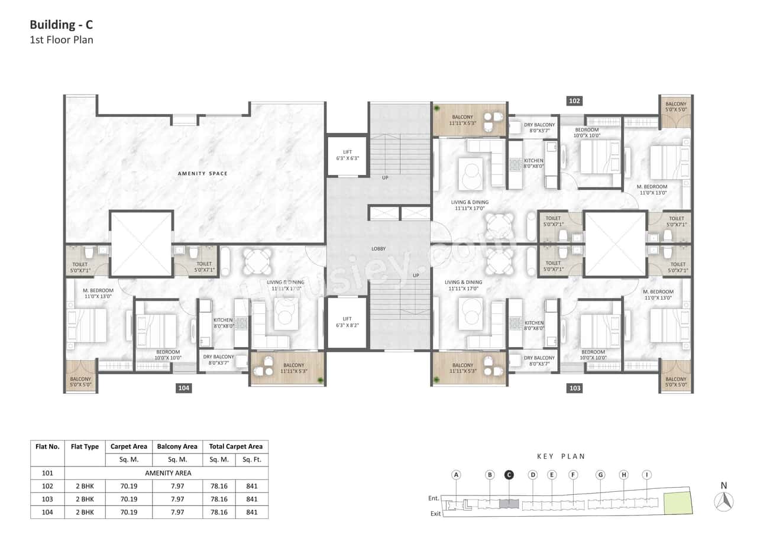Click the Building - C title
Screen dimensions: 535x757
pyautogui.click(x=62, y=25)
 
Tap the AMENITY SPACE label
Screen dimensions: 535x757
pyautogui.click(x=203, y=173)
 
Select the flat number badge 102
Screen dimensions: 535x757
pyautogui.click(x=574, y=101)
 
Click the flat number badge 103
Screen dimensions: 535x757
pyautogui.click(x=574, y=388)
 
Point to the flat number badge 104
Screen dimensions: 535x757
pyautogui.click(x=183, y=388)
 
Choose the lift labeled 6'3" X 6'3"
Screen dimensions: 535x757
pyautogui.click(x=347, y=155)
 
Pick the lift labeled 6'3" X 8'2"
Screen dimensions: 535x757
pyautogui.click(x=347, y=323)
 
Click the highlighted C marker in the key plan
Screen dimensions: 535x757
pyautogui.click(x=509, y=475)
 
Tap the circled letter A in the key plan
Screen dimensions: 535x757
pyautogui.click(x=456, y=475)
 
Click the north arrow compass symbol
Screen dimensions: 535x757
pyautogui.click(x=724, y=501)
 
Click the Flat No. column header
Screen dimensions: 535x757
pyautogui.click(x=47, y=447)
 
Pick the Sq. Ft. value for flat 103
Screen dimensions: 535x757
pyautogui.click(x=251, y=499)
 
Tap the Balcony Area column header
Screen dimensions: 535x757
pyautogui.click(x=177, y=447)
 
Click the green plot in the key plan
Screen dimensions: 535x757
pyautogui.click(x=678, y=502)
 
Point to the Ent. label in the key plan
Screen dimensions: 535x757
pyautogui.click(x=434, y=498)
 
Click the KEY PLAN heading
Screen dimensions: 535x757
pyautogui.click(x=561, y=456)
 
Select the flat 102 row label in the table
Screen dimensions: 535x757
pyautogui.click(x=47, y=486)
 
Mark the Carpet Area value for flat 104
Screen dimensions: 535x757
pyautogui.click(x=128, y=512)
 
